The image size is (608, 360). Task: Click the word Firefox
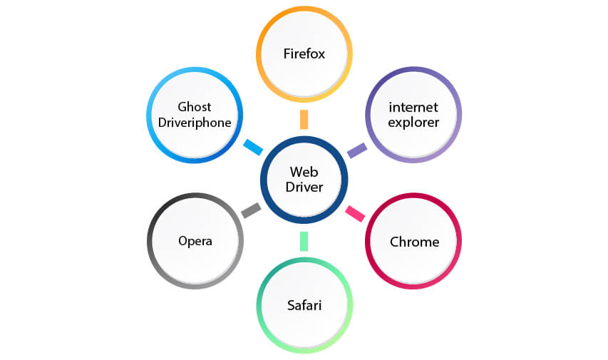point(304,54)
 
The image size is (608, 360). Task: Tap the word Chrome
point(414,242)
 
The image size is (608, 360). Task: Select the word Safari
point(304,306)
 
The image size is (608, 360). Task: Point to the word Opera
point(195,240)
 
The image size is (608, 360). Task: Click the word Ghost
point(195,107)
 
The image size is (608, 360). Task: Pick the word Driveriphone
point(195,123)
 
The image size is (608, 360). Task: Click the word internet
point(413,108)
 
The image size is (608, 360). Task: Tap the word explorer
point(413,123)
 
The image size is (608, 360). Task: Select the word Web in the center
point(304,172)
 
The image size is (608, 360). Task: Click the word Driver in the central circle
point(304,187)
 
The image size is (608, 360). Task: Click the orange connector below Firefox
point(304,119)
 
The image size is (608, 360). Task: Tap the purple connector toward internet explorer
point(356,150)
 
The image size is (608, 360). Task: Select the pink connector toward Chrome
point(355,212)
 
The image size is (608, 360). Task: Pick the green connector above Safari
point(304,241)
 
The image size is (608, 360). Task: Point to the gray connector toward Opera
point(251,210)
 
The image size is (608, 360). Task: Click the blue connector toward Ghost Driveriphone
point(253,147)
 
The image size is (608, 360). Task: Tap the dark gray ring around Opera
point(150,240)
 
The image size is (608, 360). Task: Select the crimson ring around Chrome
point(369,242)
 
